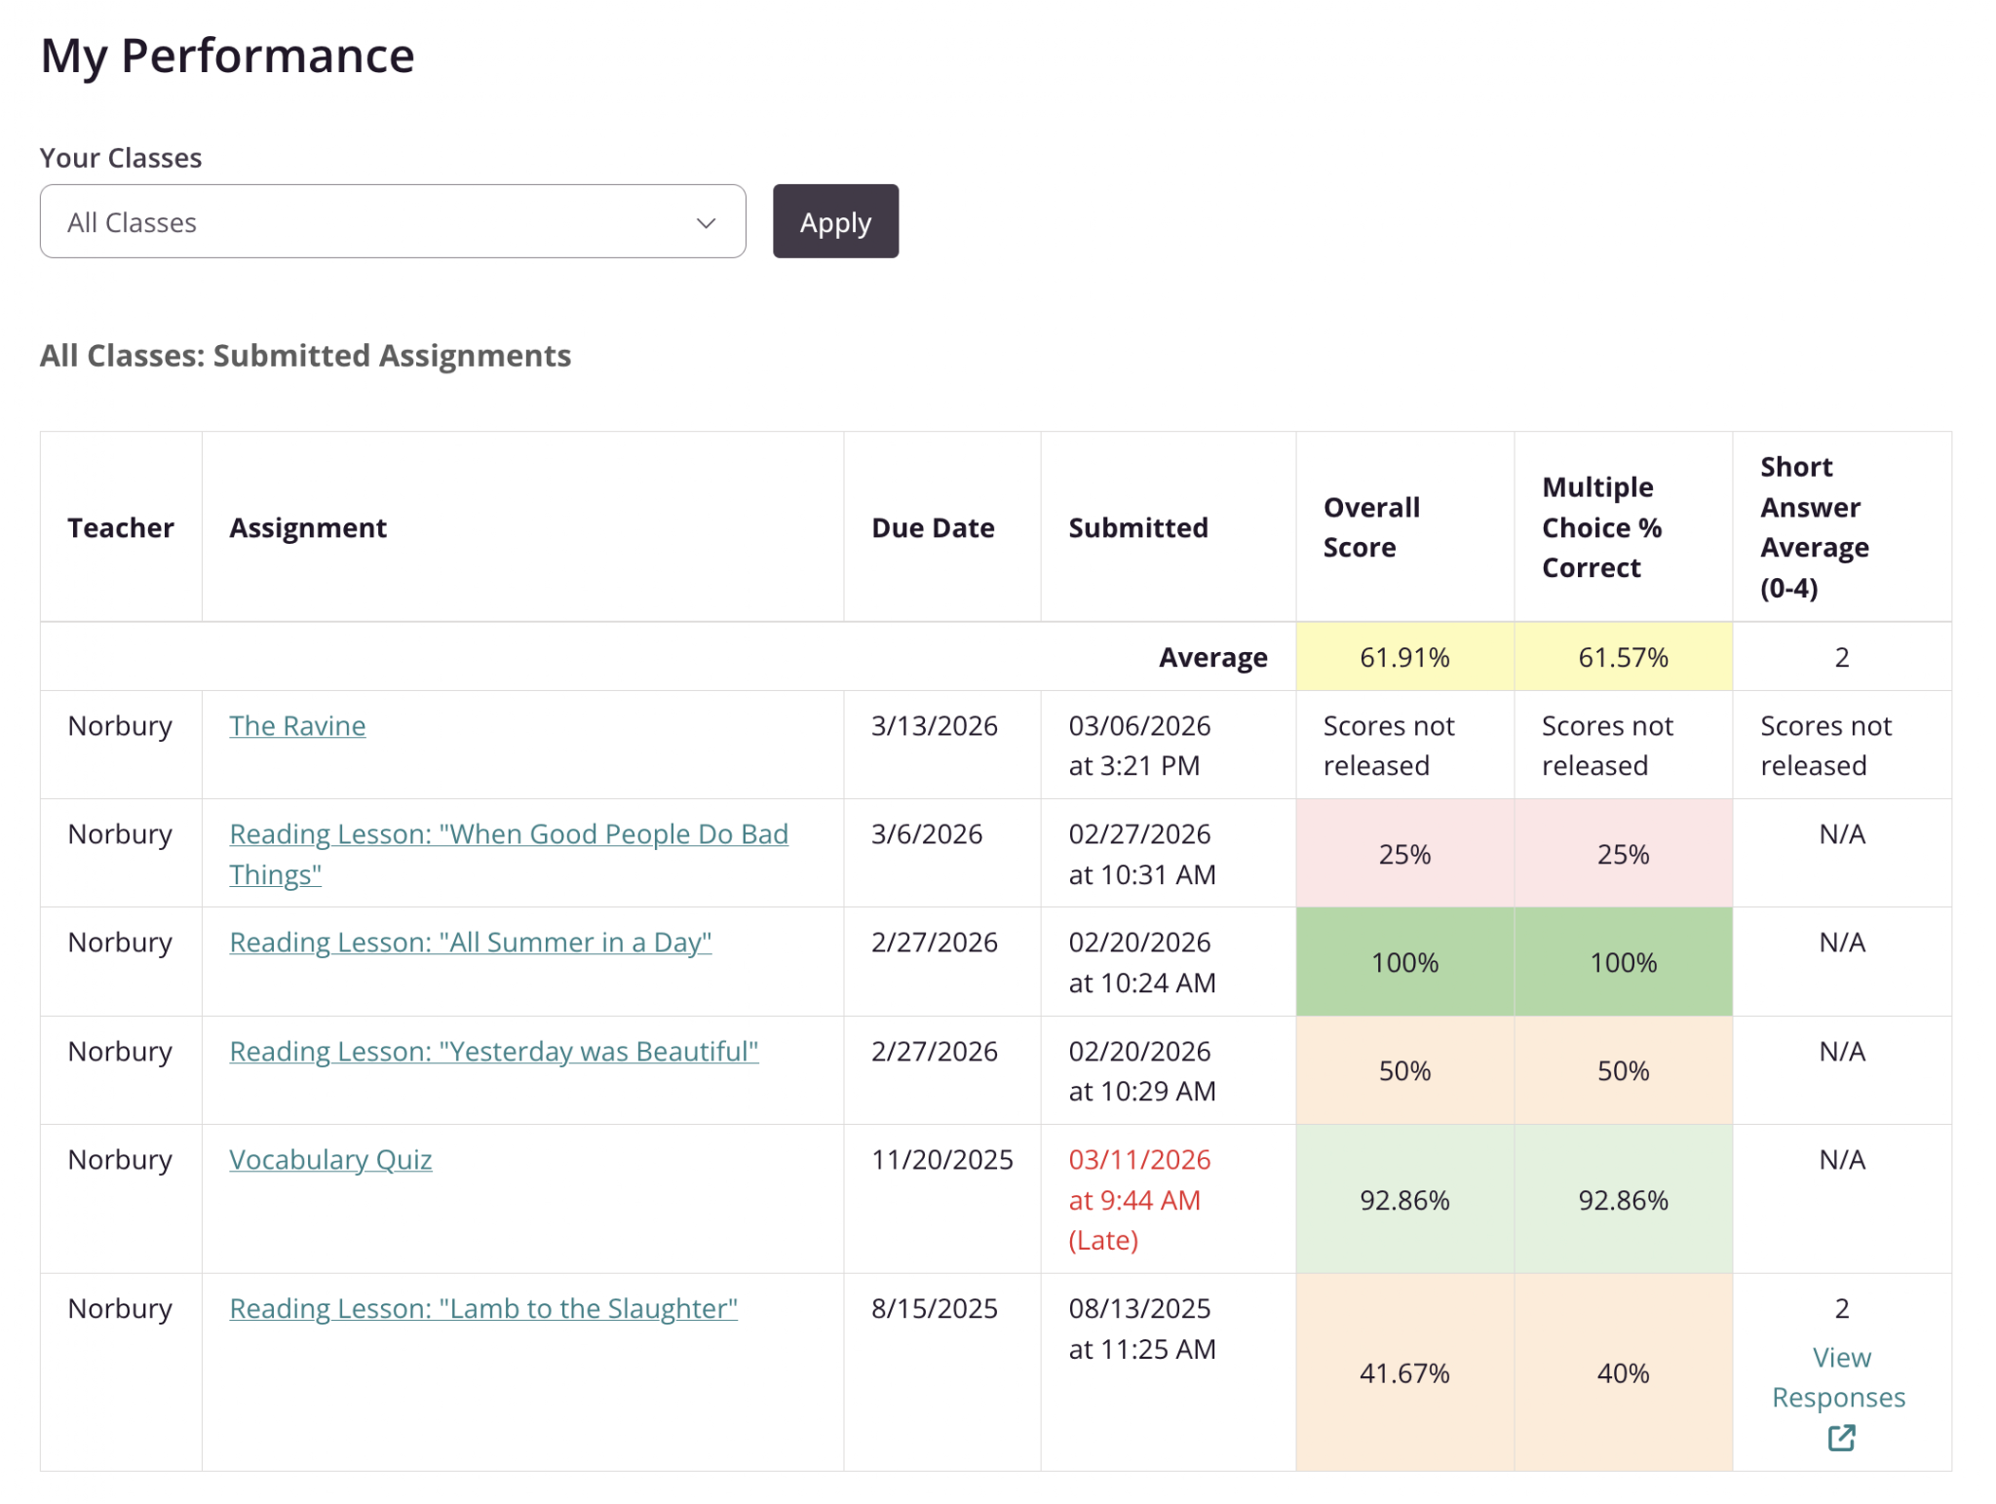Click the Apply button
point(835,221)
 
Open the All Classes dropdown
point(393,221)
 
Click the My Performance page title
point(228,56)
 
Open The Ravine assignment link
point(297,726)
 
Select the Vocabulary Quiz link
point(330,1160)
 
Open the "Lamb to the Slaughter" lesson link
point(483,1308)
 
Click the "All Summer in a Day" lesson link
point(471,943)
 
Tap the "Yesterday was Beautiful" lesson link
point(494,1052)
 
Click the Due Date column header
point(933,527)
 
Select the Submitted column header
point(1138,527)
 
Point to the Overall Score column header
point(1371,527)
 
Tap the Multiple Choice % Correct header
point(1601,527)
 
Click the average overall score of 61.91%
point(1404,657)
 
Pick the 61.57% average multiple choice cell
point(1623,657)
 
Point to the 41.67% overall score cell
point(1404,1372)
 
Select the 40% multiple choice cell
point(1623,1372)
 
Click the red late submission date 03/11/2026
point(1139,1160)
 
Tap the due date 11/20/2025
point(942,1160)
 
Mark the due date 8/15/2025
point(935,1308)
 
